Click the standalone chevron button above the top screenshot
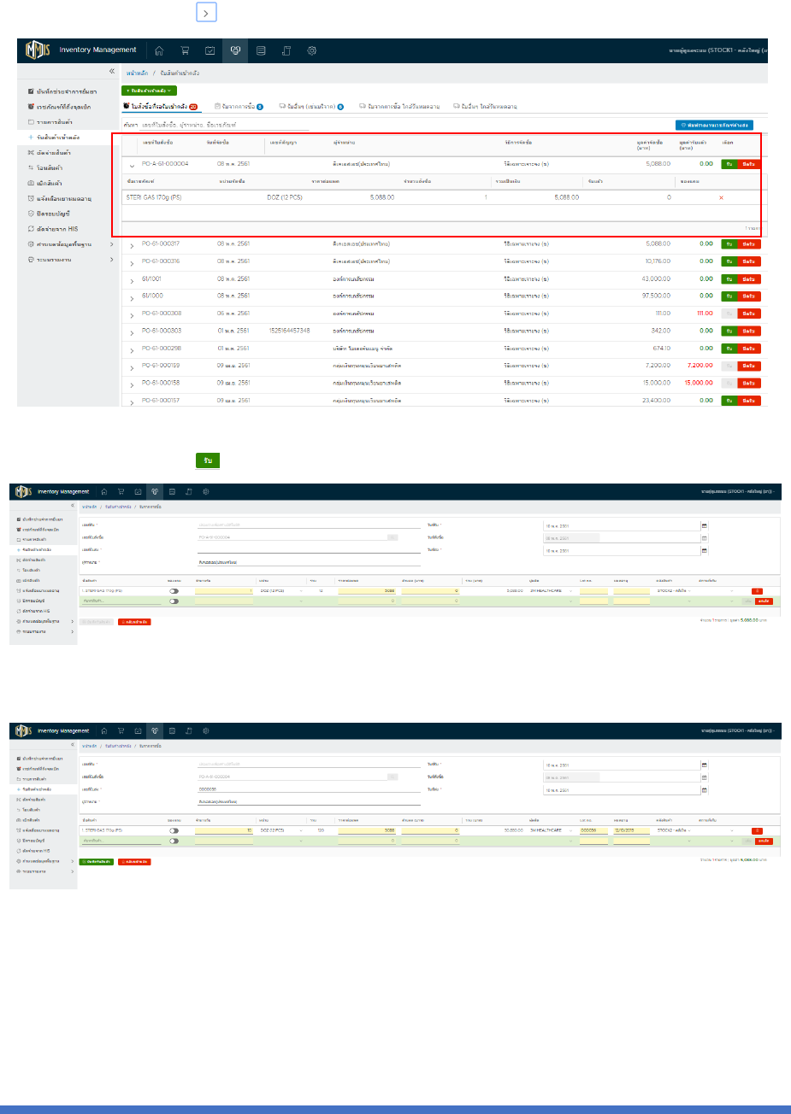pyautogui.click(x=206, y=12)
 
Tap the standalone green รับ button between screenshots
pyautogui.click(x=208, y=460)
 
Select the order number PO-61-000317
pyautogui.click(x=161, y=244)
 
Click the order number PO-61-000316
pyautogui.click(x=161, y=261)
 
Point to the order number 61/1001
pyautogui.click(x=152, y=279)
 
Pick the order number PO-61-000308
pyautogui.click(x=161, y=314)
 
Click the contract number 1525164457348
pyautogui.click(x=289, y=331)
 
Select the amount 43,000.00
pyautogui.click(x=656, y=279)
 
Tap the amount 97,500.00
pyautogui.click(x=656, y=296)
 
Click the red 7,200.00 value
pyautogui.click(x=700, y=366)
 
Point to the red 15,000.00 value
pyautogui.click(x=699, y=383)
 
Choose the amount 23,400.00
pyautogui.click(x=656, y=401)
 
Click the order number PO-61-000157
pyautogui.click(x=161, y=401)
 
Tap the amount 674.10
pyautogui.click(x=661, y=349)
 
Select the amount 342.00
pyautogui.click(x=661, y=331)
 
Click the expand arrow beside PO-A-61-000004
pyautogui.click(x=132, y=164)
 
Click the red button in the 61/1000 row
pyautogui.click(x=748, y=296)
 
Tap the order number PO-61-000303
pyautogui.click(x=161, y=331)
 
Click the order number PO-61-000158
pyautogui.click(x=161, y=383)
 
